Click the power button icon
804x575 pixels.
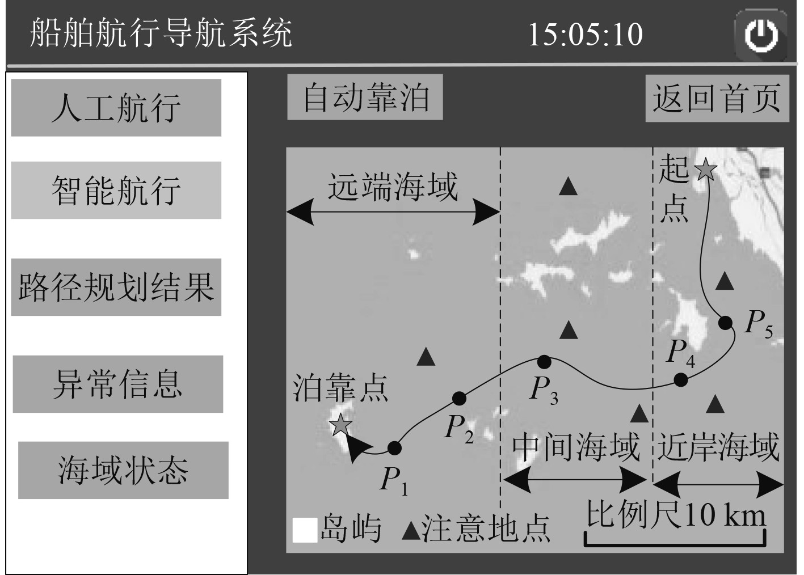760,35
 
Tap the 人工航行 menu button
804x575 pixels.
116,108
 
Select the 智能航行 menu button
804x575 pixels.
116,190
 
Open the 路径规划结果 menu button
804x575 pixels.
116,287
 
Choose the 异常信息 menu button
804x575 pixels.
118,384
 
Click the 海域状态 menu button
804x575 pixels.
123,470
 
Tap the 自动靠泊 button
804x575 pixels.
365,98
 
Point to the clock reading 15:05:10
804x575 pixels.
585,34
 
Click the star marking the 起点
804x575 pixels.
705,169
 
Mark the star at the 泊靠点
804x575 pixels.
340,425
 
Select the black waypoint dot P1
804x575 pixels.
394,448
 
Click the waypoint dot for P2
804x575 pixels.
459,398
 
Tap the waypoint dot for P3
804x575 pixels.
544,361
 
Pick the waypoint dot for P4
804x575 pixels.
680,379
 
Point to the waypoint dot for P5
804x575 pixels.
725,323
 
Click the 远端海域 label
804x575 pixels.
393,187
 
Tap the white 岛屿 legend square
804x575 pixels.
305,531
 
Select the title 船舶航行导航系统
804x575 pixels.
161,33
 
